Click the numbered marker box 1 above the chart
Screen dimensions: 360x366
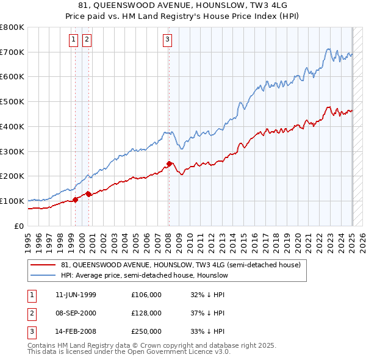pyautogui.click(x=73, y=40)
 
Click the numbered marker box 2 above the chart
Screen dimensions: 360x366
pyautogui.click(x=87, y=40)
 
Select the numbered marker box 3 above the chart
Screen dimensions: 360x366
pyautogui.click(x=167, y=40)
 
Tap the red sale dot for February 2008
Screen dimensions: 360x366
pyautogui.click(x=169, y=164)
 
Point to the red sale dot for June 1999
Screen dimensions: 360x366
pyautogui.click(x=76, y=200)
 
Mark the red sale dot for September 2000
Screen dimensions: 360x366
pyautogui.click(x=89, y=194)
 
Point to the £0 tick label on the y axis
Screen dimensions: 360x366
pyautogui.click(x=20, y=226)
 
